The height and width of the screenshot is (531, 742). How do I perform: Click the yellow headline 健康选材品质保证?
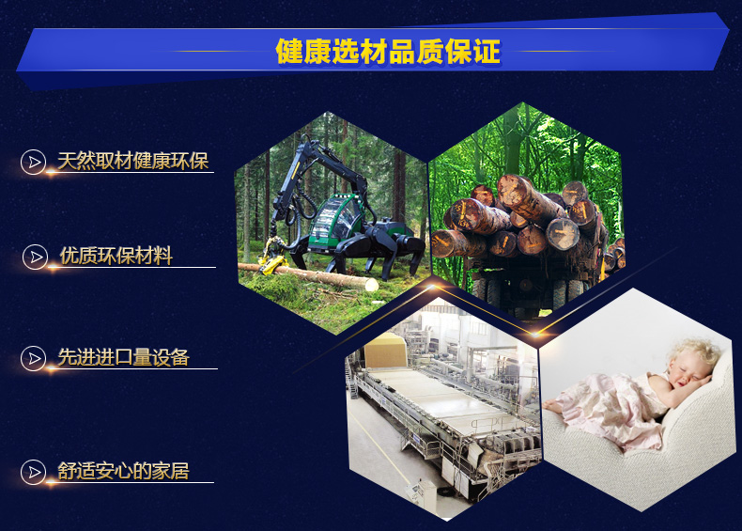388,51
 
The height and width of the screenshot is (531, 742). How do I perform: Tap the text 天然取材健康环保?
133,161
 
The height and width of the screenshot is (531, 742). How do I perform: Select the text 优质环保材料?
116,256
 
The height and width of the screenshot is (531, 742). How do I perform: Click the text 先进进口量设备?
123,357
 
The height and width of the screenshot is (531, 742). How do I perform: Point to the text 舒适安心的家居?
123,471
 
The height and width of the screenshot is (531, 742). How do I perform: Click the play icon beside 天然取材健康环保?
34,162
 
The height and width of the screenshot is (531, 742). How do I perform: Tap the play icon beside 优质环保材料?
36,257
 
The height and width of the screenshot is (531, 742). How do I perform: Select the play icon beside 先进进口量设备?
34,358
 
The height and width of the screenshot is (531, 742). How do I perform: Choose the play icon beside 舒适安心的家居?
34,472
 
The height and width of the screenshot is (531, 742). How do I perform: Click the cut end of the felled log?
371,284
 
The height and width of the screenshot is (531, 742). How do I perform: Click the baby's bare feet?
552,405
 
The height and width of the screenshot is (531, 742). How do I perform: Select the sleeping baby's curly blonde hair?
696,351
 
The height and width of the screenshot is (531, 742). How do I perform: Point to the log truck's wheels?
520,293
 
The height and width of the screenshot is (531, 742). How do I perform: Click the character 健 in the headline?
289,51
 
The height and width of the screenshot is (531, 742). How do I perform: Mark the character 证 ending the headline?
487,51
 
